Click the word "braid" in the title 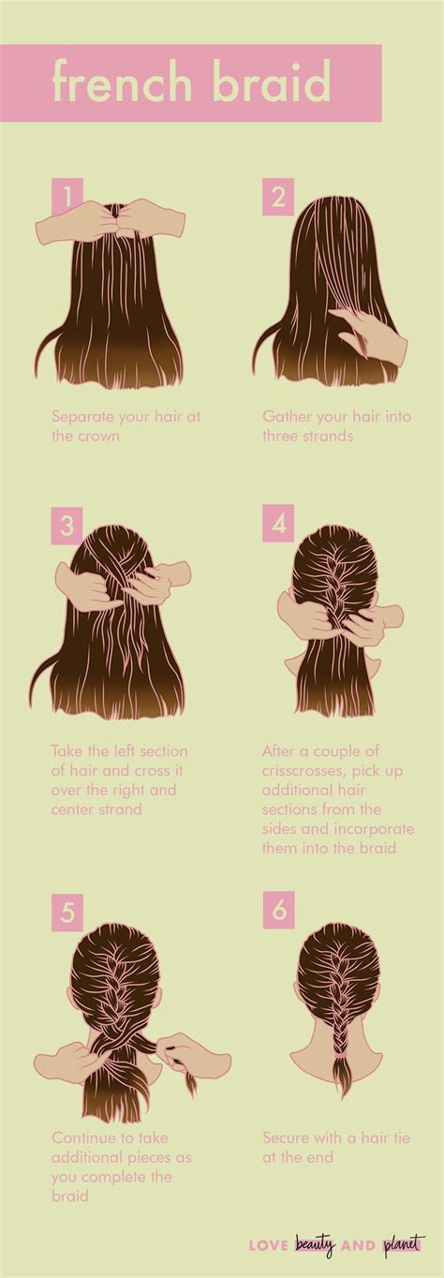[x=271, y=83]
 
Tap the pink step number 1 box [x=67, y=199]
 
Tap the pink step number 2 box [x=277, y=199]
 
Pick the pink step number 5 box [x=67, y=907]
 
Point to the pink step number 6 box [x=277, y=907]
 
